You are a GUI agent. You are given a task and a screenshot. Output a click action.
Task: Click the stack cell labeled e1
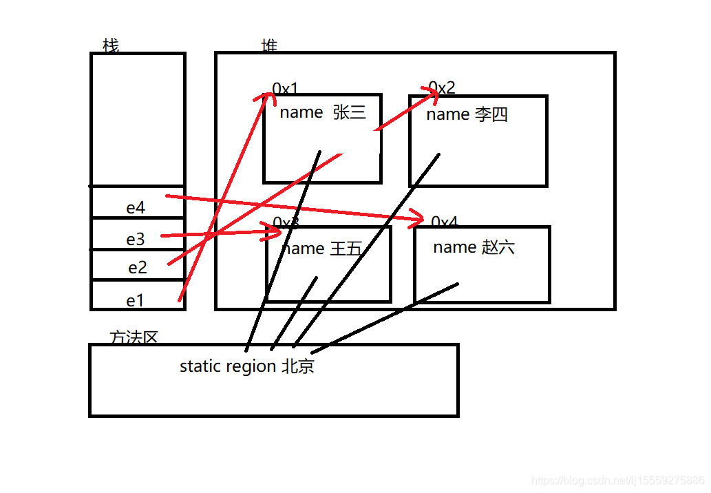point(136,300)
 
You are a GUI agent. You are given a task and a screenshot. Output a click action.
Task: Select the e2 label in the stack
point(138,267)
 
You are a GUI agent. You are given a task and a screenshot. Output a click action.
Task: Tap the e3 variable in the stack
point(136,239)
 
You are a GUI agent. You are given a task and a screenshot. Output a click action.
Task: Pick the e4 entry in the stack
point(136,207)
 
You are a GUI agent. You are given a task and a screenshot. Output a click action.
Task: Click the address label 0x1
point(286,89)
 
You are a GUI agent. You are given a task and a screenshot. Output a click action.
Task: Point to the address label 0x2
point(442,87)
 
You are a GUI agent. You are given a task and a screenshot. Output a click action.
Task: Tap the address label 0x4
point(445,222)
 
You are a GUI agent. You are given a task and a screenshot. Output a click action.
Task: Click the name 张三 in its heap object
point(323,112)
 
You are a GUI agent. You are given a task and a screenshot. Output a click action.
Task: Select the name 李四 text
point(467,114)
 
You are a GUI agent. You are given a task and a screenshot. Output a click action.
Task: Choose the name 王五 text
point(322,248)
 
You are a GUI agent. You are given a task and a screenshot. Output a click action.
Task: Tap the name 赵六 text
point(474,246)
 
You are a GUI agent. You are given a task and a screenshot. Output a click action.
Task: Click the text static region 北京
point(246,366)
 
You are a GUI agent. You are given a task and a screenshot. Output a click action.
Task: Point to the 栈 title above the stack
point(110,45)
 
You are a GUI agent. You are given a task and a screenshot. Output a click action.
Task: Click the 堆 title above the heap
point(269,46)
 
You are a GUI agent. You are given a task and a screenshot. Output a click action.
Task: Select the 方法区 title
point(134,337)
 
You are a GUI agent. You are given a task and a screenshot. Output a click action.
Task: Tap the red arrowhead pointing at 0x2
point(430,97)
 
